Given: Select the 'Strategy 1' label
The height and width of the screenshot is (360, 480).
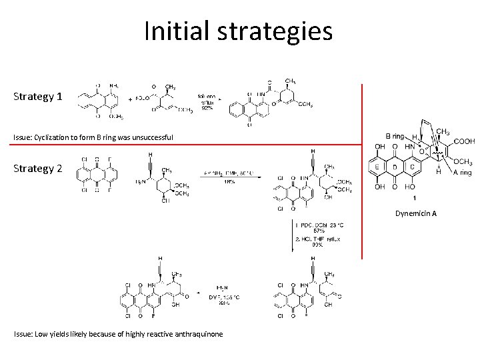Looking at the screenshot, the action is click(x=38, y=97).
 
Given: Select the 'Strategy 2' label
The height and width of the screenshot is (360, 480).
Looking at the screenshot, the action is click(x=38, y=168).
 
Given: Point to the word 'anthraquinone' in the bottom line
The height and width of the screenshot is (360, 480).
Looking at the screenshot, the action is click(x=198, y=334).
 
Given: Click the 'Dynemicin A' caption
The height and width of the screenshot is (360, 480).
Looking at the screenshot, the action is click(x=415, y=213).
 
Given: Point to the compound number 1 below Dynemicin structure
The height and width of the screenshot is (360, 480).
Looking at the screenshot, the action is click(x=415, y=199).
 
